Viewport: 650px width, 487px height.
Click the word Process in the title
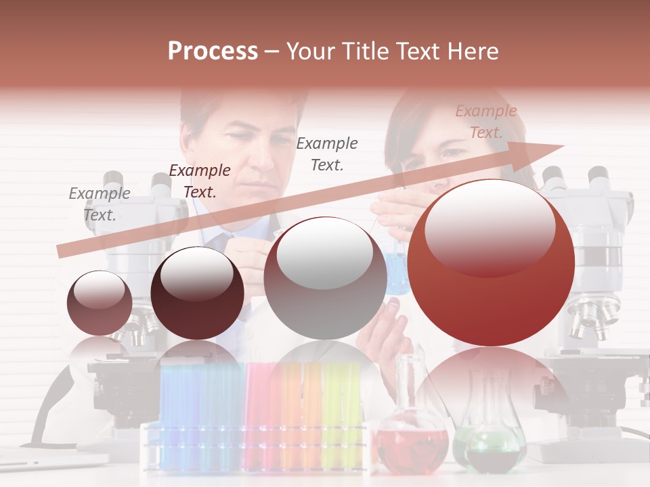213,51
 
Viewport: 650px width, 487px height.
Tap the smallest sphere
100,302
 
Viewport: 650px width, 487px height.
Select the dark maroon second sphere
197,293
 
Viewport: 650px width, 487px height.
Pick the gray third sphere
325,278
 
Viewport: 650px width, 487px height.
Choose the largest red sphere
491,262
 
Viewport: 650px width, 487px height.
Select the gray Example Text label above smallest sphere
100,204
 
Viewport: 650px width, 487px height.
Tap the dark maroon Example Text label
200,181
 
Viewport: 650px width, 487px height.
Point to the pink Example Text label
486,122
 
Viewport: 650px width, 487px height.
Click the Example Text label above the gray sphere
327,154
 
